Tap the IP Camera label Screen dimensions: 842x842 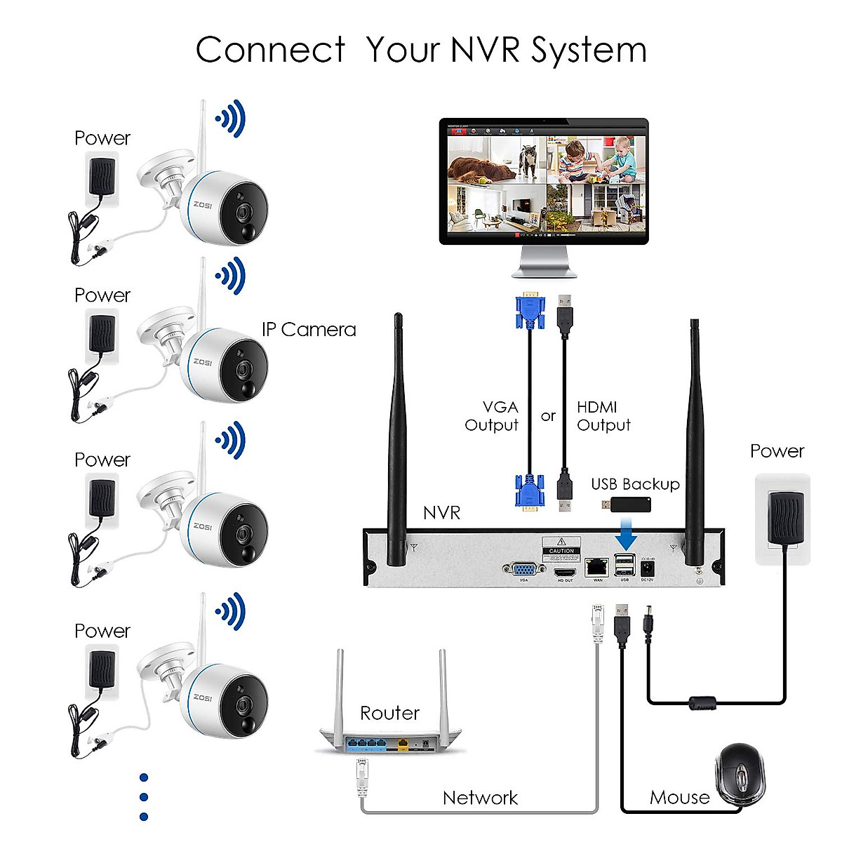(309, 330)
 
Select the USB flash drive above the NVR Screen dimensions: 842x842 (627, 504)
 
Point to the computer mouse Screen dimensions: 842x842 (740, 775)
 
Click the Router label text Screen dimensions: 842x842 (389, 714)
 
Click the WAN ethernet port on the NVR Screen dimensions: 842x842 (597, 566)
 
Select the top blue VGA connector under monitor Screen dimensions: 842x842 (530, 313)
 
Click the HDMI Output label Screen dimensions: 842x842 (603, 416)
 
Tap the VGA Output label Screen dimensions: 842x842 (493, 416)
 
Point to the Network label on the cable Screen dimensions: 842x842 (480, 798)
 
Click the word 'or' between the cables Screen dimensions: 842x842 (548, 416)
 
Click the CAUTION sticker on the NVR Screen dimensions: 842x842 (561, 547)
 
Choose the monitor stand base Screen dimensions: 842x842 (544, 271)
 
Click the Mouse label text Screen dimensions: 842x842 (679, 798)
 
